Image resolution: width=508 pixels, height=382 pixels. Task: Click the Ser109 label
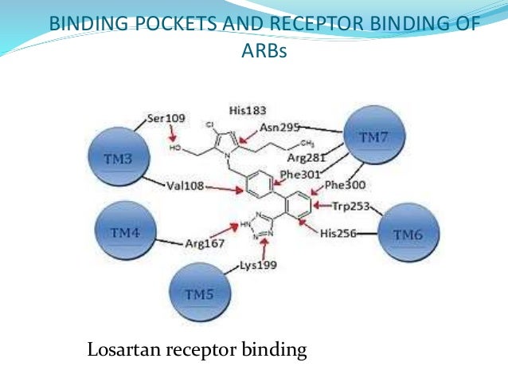coord(166,119)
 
